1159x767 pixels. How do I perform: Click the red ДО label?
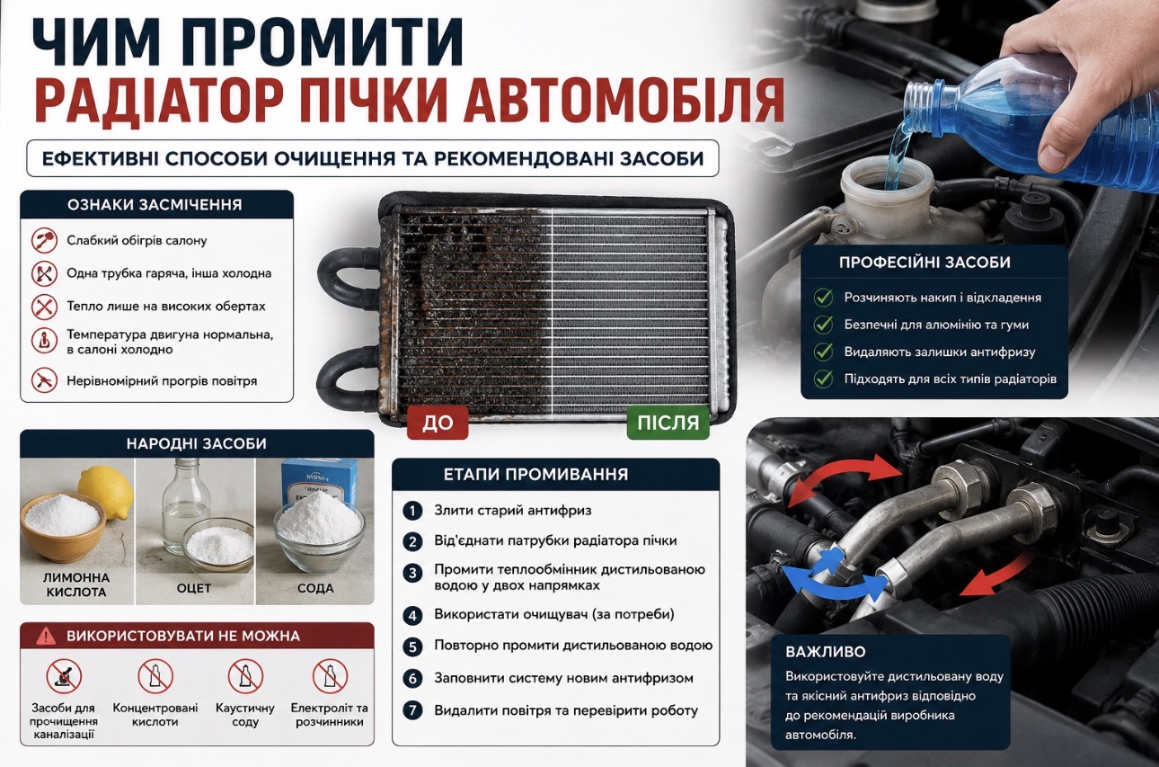point(438,423)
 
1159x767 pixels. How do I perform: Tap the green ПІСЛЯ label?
point(668,423)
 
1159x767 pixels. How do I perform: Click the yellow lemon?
point(106,491)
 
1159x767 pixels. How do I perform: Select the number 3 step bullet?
point(412,574)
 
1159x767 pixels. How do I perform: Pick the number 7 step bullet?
point(412,710)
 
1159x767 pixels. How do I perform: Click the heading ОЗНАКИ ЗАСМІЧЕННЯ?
point(155,205)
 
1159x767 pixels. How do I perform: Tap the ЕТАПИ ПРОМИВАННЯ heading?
point(536,474)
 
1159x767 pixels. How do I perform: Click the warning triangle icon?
point(46,636)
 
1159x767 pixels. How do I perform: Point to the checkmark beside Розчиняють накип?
point(823,298)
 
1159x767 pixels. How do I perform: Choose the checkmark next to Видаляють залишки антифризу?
point(823,352)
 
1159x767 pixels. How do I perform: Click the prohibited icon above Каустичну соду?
point(245,676)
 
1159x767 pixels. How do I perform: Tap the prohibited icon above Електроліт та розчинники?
point(330,676)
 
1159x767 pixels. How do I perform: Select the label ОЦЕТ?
point(194,588)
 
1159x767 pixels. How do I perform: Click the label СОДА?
point(315,588)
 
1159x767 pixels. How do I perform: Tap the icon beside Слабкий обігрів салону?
point(44,240)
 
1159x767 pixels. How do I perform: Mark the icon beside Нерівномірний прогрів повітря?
point(44,380)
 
